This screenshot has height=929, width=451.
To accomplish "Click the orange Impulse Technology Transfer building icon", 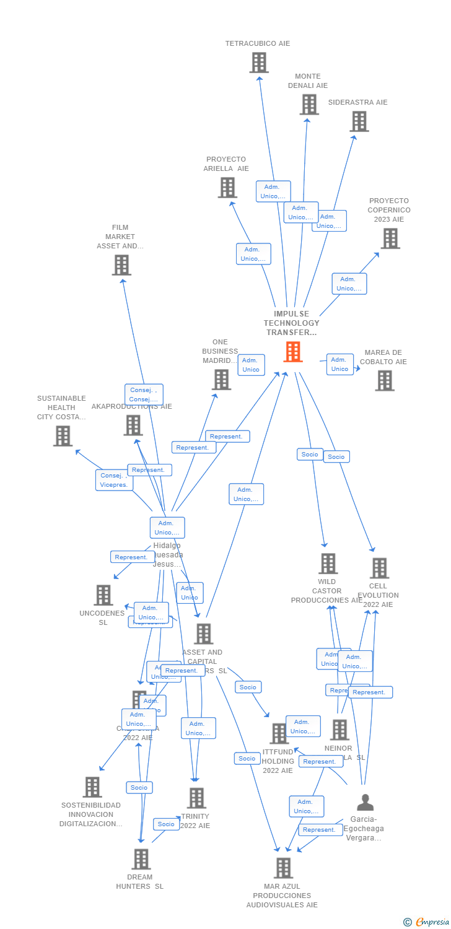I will [293, 352].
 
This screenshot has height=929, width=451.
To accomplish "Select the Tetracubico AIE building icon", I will [259, 63].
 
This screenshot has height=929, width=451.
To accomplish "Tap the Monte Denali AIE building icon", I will [309, 104].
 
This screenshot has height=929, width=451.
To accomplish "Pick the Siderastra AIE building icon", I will [359, 121].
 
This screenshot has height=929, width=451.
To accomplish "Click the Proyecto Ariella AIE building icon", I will [227, 187].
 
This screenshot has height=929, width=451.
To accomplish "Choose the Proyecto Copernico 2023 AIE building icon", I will [390, 238].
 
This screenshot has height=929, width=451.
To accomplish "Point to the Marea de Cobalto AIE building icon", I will [384, 380].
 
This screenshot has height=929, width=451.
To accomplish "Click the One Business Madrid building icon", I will [221, 379].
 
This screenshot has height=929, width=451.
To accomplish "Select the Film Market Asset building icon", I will [121, 265].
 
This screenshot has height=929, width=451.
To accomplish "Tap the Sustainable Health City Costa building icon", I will [63, 435].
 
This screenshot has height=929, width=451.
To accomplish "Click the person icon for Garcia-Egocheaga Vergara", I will [366, 803].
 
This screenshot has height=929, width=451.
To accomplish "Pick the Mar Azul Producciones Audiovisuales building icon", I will [283, 868].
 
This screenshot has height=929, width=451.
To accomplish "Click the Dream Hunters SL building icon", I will [141, 859].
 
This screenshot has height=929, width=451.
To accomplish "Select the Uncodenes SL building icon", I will [103, 595].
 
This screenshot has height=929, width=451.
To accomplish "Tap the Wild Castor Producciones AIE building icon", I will [328, 564].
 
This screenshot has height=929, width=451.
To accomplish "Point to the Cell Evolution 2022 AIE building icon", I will [379, 568].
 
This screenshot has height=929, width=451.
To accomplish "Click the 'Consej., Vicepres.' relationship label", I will [114, 480].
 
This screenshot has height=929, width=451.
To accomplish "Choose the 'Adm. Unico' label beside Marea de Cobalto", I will [339, 364].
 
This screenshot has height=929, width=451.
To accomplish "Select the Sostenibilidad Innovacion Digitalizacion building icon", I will [92, 787].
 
